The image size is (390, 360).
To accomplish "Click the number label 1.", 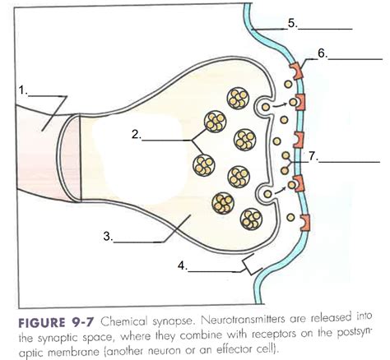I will (x=23, y=90).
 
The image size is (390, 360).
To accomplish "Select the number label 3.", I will (x=108, y=236).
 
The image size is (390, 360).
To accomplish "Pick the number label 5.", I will (x=294, y=24).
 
